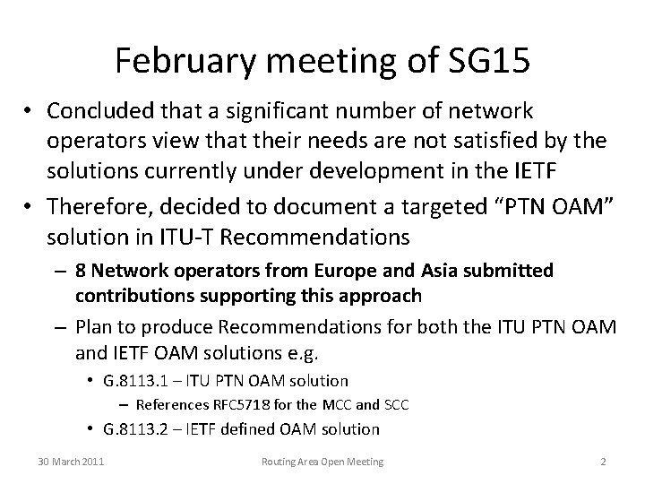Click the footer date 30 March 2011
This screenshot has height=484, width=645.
[70, 461]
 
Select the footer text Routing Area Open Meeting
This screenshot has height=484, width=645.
[322, 461]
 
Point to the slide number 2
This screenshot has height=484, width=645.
[603, 461]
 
